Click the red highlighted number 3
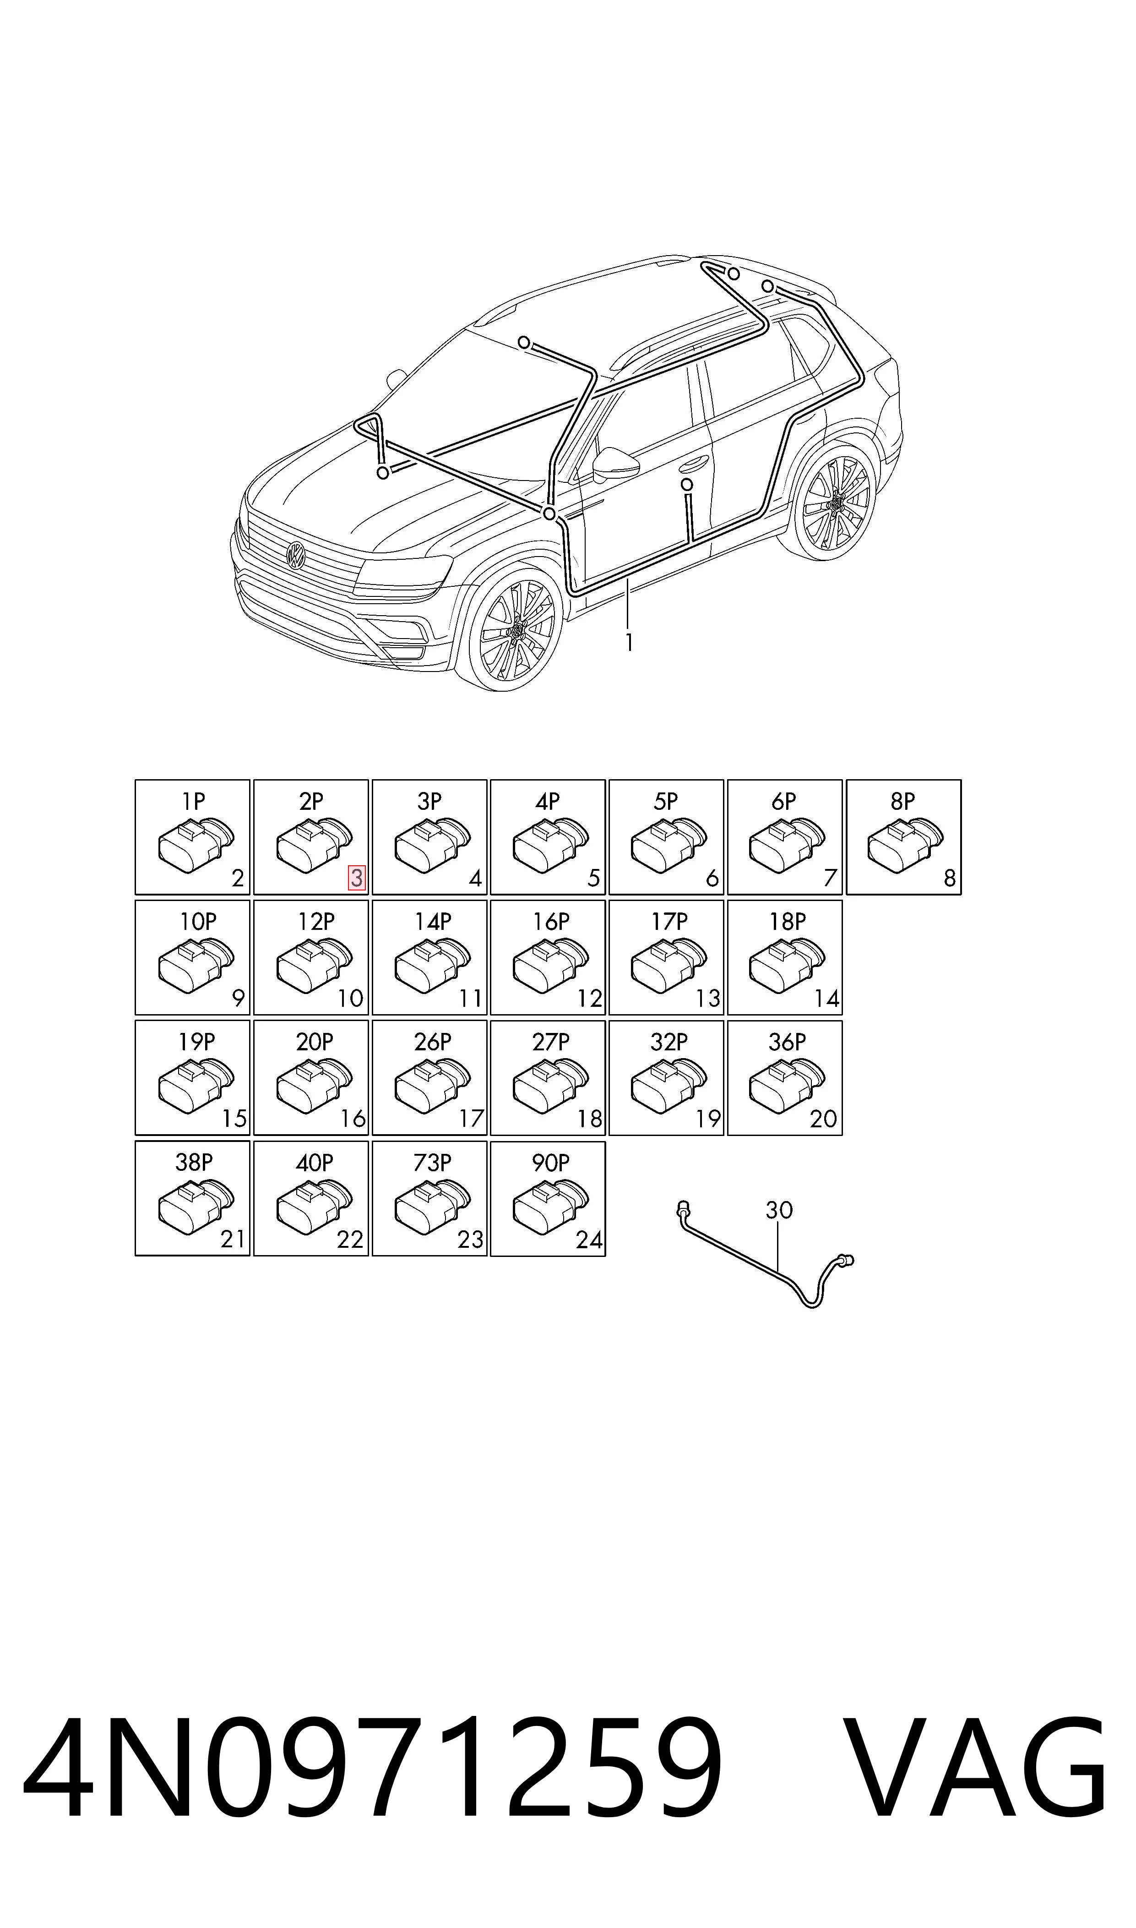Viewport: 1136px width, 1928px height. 357,878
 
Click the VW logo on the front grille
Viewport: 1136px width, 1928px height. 295,554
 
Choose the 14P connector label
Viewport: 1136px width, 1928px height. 433,922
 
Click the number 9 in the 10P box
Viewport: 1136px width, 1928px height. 238,999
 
